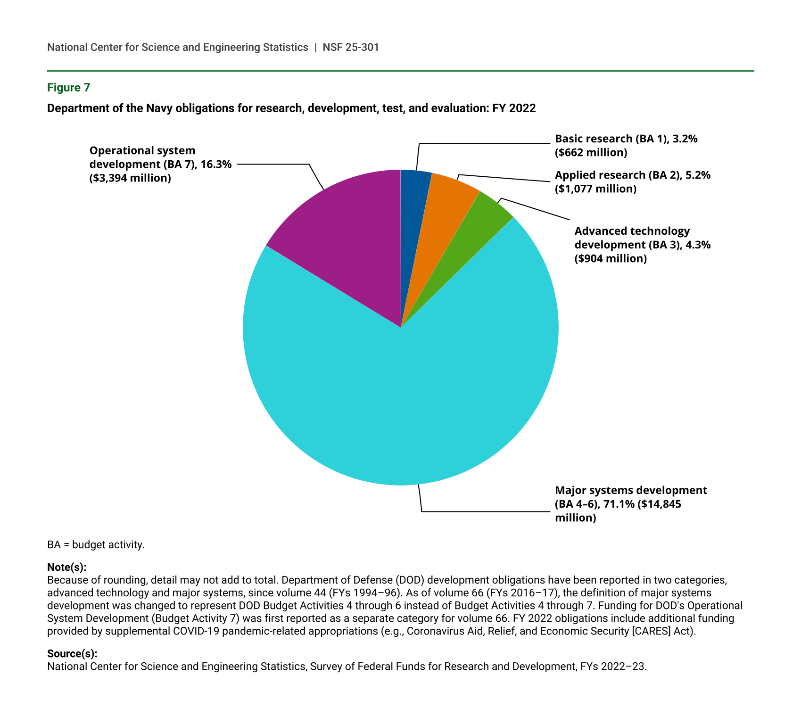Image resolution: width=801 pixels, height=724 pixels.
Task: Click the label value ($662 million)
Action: tap(591, 153)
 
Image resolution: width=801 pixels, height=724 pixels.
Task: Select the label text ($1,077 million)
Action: tap(595, 189)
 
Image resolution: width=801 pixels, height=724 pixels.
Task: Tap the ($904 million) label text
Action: tap(610, 259)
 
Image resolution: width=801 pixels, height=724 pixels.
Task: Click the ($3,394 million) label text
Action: tap(130, 178)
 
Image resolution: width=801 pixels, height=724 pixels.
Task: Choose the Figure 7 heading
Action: tap(68, 88)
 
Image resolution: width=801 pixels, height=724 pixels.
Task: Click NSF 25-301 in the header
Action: tap(351, 48)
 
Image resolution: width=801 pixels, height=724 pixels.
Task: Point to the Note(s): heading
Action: tap(66, 567)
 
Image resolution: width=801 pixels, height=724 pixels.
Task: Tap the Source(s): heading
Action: tap(72, 654)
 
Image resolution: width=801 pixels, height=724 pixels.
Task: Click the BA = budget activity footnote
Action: tap(96, 545)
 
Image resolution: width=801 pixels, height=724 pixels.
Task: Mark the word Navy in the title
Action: tap(159, 108)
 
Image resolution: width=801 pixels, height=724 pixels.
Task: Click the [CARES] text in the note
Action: tap(650, 631)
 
